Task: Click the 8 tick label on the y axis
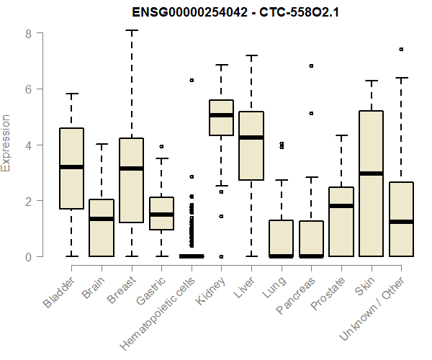pos(27,34)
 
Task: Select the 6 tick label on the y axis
pos(27,89)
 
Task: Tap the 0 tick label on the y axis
pos(27,256)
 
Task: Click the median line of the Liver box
pos(251,138)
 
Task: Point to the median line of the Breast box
pos(131,168)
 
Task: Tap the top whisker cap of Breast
pos(131,31)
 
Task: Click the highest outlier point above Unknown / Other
pos(401,50)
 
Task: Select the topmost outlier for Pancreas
pos(311,66)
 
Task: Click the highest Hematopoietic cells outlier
pos(192,80)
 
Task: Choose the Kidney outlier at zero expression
pos(221,256)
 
